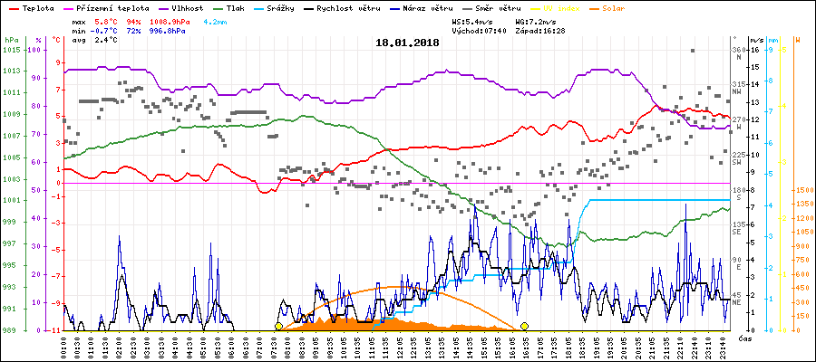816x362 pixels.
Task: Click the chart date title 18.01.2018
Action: (407, 43)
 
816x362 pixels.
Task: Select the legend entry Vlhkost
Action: (186, 6)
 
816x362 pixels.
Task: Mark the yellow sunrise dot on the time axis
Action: (278, 327)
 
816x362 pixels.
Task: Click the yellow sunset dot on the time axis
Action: (524, 327)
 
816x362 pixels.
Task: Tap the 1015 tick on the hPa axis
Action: (12, 49)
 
